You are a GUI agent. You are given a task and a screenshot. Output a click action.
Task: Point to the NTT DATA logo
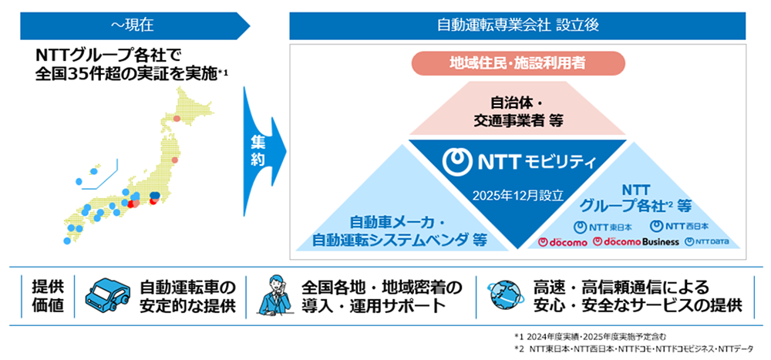click(701, 242)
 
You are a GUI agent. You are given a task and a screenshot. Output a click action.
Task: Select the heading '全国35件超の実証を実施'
click(127, 74)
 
